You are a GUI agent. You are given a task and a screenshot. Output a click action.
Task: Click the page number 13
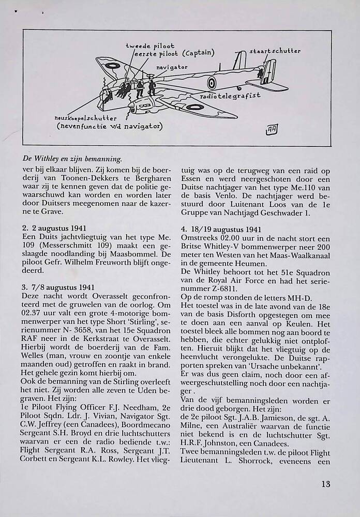click(x=325, y=484)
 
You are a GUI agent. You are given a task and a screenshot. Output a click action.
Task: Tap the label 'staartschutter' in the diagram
click(x=275, y=51)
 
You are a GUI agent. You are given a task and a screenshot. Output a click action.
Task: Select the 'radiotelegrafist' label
click(x=230, y=96)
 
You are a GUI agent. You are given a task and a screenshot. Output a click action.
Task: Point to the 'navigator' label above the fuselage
click(x=172, y=67)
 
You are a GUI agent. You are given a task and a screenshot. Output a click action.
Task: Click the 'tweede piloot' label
click(x=150, y=46)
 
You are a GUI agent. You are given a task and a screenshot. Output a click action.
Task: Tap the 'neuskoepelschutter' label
click(x=86, y=118)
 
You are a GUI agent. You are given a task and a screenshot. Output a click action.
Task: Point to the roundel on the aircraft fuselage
click(x=212, y=82)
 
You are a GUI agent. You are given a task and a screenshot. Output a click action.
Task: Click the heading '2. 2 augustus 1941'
click(x=54, y=228)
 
